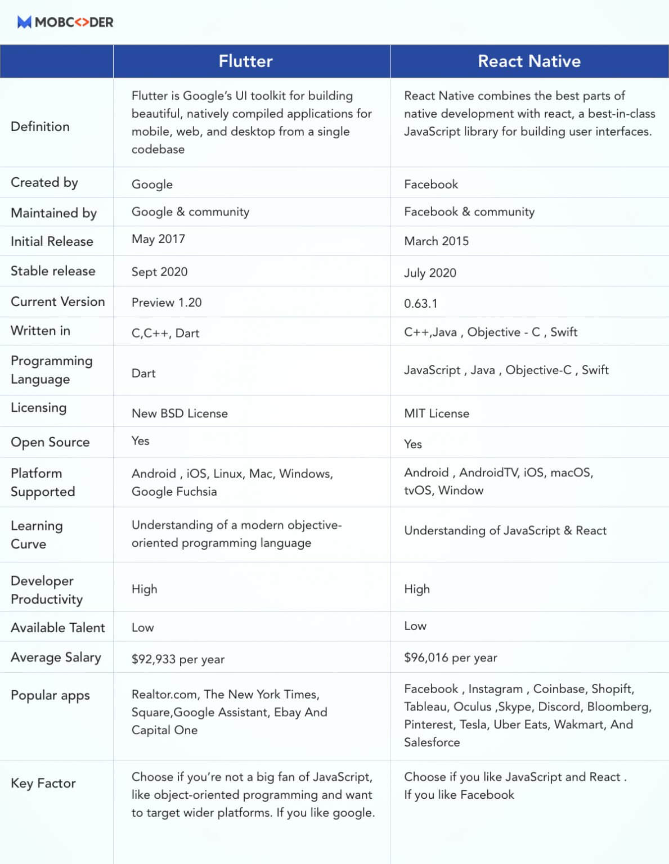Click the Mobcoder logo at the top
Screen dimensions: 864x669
[65, 22]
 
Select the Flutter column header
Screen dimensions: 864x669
[245, 61]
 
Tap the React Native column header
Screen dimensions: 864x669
[529, 61]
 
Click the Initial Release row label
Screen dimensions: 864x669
[52, 241]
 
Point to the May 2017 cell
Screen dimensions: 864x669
[158, 239]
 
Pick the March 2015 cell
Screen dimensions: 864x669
[436, 241]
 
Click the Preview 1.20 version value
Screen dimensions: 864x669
[167, 303]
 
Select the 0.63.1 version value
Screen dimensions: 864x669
[420, 304]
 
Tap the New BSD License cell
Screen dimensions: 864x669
[179, 413]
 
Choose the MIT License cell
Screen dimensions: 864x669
[436, 413]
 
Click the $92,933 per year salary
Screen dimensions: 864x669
[178, 659]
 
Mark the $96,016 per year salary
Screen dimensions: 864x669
[450, 658]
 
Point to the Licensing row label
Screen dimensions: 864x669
[38, 408]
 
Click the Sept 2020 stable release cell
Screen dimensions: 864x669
[159, 272]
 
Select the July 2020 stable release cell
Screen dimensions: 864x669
[430, 273]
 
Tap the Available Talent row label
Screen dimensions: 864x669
[57, 628]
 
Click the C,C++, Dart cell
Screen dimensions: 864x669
[165, 333]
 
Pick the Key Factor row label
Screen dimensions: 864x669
[43, 783]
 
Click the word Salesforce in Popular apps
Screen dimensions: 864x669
[432, 742]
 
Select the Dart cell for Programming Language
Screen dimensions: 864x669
[143, 373]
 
